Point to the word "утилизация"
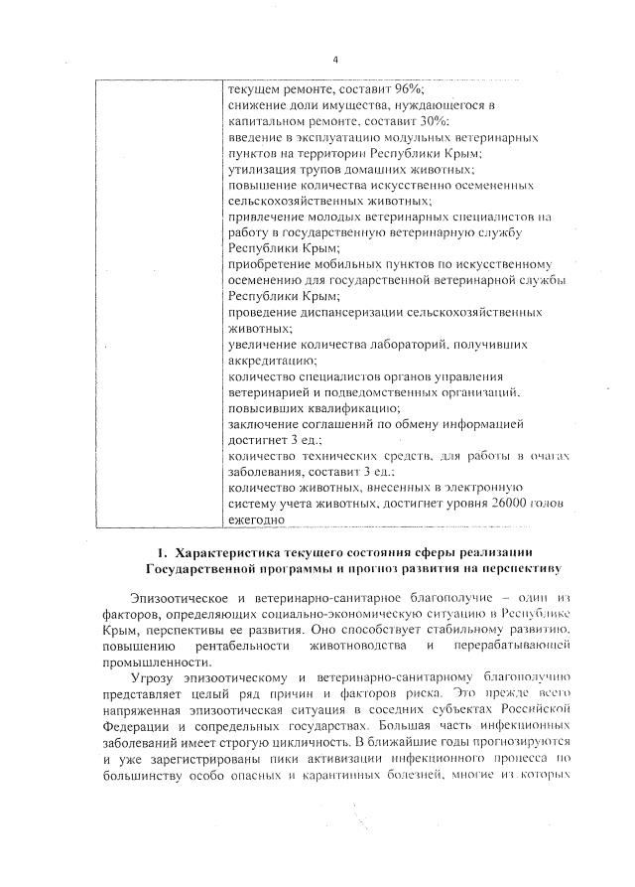point(260,169)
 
